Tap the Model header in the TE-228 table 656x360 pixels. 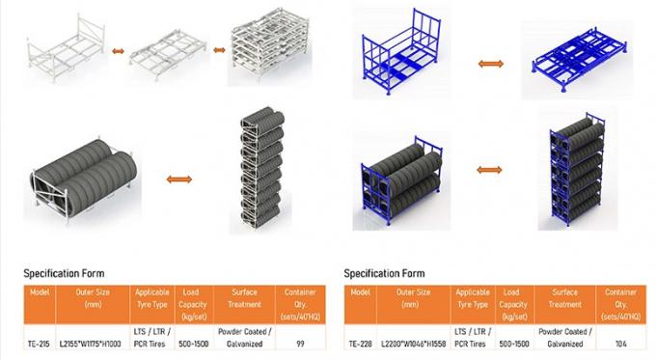click(361, 291)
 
